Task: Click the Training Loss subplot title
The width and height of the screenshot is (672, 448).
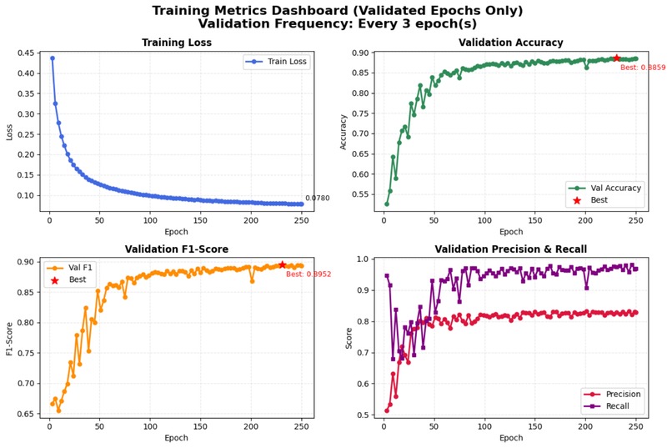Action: click(177, 43)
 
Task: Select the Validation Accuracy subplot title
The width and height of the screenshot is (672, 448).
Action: click(512, 43)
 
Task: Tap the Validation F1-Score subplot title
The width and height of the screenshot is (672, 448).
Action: click(177, 249)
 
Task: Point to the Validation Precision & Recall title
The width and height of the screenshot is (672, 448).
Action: click(512, 249)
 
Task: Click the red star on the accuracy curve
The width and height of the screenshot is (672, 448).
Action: click(617, 58)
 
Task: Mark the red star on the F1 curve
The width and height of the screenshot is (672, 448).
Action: click(282, 264)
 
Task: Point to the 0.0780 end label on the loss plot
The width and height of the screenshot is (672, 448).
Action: click(317, 199)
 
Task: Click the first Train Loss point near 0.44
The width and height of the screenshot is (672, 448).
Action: click(52, 58)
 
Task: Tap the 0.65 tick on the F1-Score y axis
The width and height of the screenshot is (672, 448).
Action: click(29, 414)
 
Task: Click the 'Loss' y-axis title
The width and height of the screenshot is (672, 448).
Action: click(11, 132)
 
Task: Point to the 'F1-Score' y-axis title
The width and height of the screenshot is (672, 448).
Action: click(11, 338)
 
